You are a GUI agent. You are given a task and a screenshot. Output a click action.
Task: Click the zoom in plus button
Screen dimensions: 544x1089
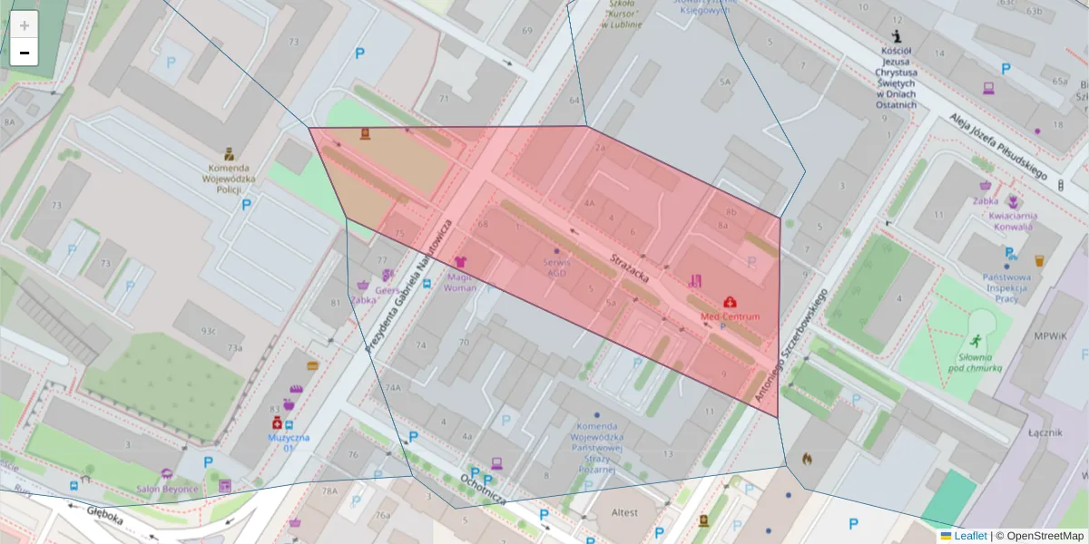25,25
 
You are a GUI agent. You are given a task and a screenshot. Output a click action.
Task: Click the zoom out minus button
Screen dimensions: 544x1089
25,53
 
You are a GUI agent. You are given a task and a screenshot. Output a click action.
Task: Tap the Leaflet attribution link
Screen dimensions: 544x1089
970,536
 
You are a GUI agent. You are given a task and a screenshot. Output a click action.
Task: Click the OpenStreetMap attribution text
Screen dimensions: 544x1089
1045,536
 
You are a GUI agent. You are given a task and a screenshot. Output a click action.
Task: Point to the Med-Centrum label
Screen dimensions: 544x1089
730,316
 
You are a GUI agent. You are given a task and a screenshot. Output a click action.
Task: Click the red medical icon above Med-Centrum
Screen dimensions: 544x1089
730,301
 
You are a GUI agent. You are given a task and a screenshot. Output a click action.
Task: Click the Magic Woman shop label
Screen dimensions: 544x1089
460,282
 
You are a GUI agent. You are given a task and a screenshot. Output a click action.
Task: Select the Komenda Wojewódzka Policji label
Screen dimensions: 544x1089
230,180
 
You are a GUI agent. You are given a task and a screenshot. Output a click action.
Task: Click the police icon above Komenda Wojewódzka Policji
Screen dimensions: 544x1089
230,154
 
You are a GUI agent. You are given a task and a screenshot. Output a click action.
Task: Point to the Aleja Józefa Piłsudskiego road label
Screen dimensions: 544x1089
998,146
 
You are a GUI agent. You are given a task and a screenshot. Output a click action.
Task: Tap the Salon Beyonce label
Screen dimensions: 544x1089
167,488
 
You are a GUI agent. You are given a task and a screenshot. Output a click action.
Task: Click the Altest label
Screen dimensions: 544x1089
624,512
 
